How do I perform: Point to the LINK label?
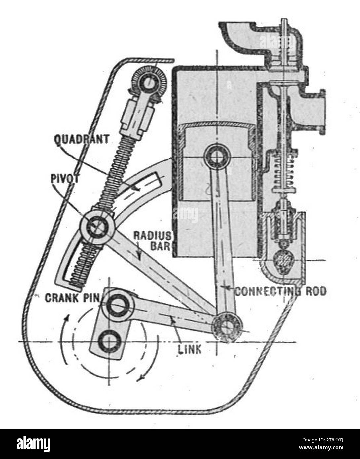(x=190, y=350)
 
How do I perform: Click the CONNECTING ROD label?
(x=280, y=291)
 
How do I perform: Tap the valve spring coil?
(x=284, y=172)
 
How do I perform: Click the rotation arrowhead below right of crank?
(x=141, y=378)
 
